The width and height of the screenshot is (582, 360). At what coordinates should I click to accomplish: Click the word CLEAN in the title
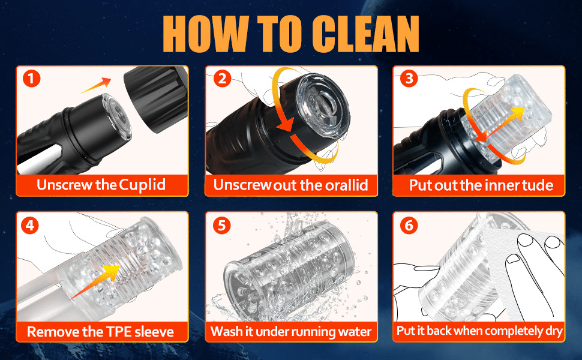365,34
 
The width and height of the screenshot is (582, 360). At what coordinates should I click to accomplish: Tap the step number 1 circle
31,79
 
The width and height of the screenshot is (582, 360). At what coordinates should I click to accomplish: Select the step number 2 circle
222,79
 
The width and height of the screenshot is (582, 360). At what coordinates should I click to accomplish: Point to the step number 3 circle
409,79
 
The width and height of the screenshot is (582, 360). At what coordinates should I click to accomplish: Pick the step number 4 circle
30,225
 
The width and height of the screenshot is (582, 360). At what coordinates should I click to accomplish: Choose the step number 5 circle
221,225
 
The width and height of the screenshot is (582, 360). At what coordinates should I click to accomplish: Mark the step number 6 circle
409,225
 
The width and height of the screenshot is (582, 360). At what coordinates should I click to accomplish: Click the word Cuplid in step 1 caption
143,185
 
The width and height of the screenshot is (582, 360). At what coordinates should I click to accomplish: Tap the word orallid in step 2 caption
347,185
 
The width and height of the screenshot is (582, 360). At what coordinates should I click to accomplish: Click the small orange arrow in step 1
96,85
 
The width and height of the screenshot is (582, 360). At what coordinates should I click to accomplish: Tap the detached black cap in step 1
156,98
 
